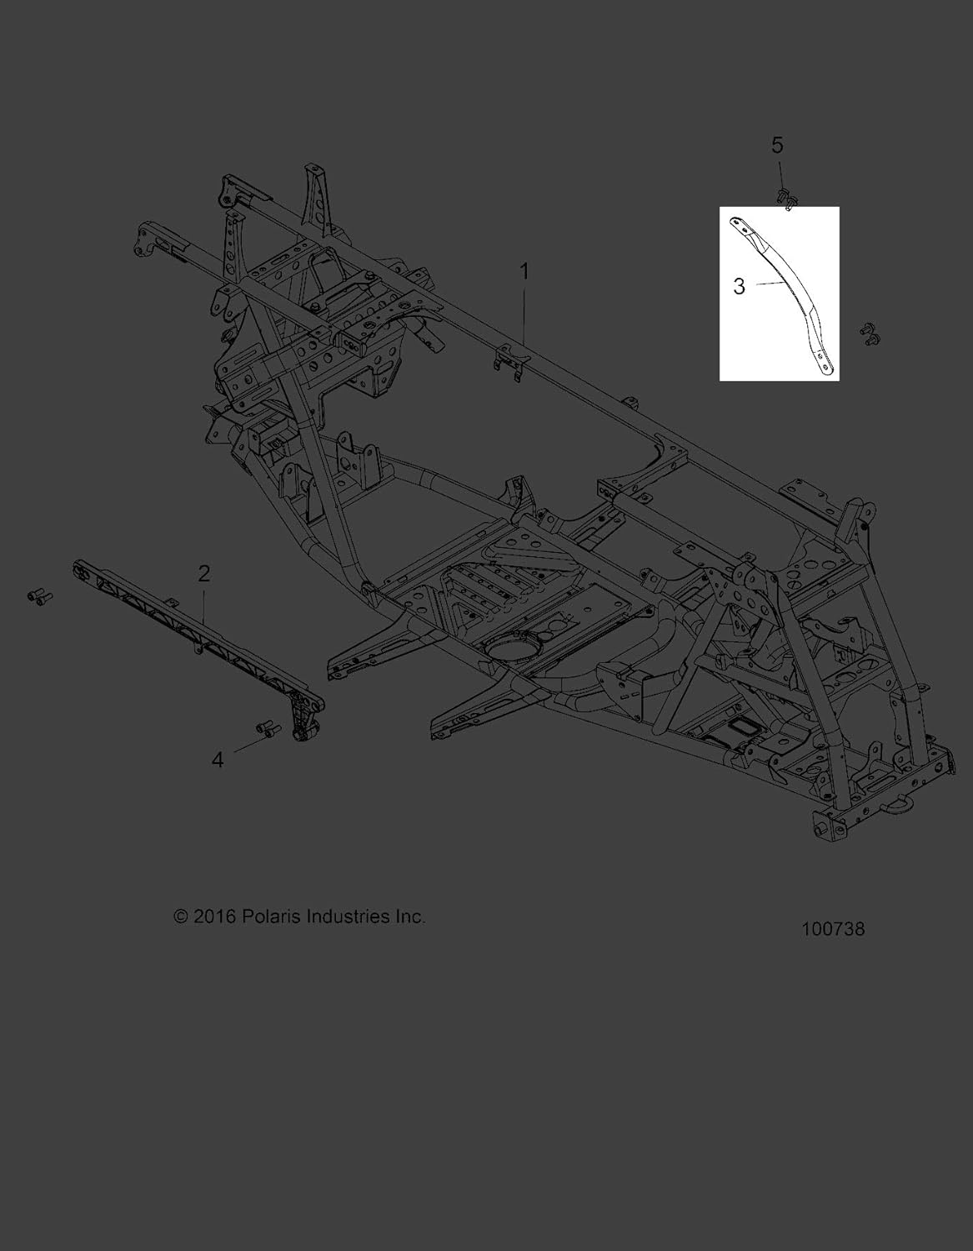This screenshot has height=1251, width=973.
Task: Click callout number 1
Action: [x=524, y=271]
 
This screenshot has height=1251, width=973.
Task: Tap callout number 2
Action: [x=203, y=573]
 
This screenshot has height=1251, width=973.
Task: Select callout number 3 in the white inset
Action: [x=739, y=286]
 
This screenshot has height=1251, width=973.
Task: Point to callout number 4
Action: [x=218, y=760]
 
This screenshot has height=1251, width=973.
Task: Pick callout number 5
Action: [x=777, y=146]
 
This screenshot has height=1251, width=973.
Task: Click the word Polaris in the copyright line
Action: [x=269, y=917]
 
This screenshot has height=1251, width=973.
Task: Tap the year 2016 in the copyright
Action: [x=215, y=917]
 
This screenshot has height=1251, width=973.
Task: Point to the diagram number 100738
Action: [x=833, y=929]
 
